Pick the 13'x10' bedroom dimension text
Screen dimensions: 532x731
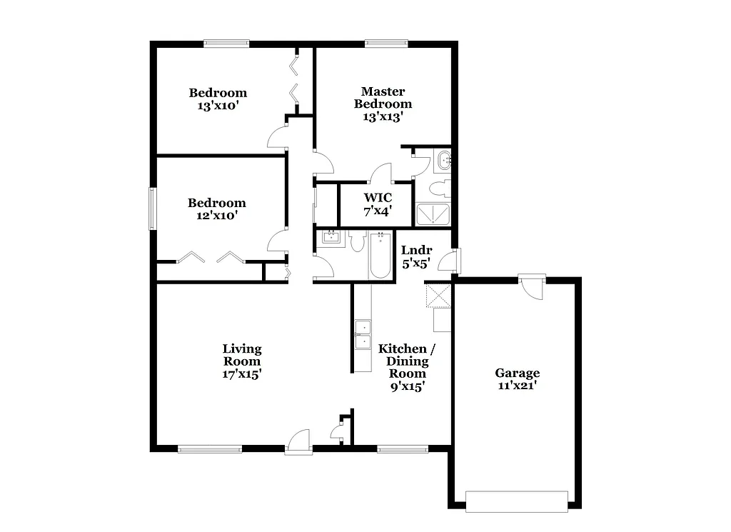217,106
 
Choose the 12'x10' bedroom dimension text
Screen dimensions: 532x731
216,214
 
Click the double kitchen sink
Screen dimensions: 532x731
363,335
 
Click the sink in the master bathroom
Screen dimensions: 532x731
444,161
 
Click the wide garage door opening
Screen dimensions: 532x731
516,501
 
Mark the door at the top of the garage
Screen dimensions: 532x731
533,287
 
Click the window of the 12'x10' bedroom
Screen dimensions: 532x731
152,209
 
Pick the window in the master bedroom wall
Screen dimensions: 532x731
386,43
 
